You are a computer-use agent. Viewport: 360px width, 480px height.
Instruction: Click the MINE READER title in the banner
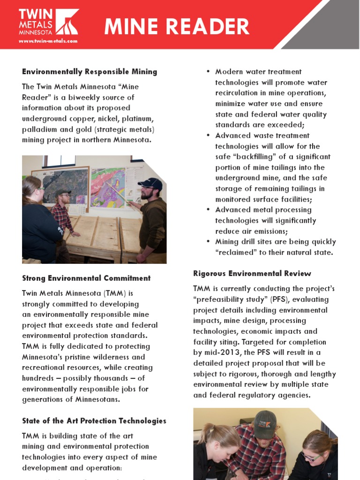177,27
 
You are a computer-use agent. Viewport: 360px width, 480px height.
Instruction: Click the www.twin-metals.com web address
48,41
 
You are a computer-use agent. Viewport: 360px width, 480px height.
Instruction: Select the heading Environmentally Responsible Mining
90,72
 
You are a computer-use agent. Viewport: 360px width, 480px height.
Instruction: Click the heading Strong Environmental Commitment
86,278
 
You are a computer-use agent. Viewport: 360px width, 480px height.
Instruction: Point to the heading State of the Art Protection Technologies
94,420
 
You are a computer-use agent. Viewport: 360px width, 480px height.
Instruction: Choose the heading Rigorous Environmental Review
252,273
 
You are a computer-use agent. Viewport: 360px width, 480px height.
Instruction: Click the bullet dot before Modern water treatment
208,72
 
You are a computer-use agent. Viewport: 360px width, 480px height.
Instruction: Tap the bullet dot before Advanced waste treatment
208,135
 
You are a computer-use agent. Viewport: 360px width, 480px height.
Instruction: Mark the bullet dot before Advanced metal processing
208,210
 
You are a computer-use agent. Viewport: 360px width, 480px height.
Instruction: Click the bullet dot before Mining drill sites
208,242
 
